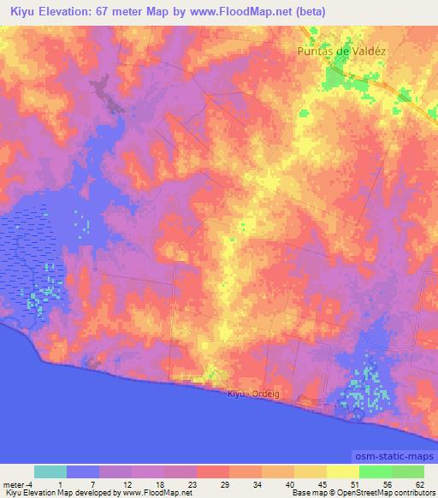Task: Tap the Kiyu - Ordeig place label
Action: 254,394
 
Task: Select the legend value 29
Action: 223,484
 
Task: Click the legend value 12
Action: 126,484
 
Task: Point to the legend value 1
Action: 61,484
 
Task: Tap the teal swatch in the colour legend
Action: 50,471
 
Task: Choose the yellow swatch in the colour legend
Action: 342,471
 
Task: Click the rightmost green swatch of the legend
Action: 407,471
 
